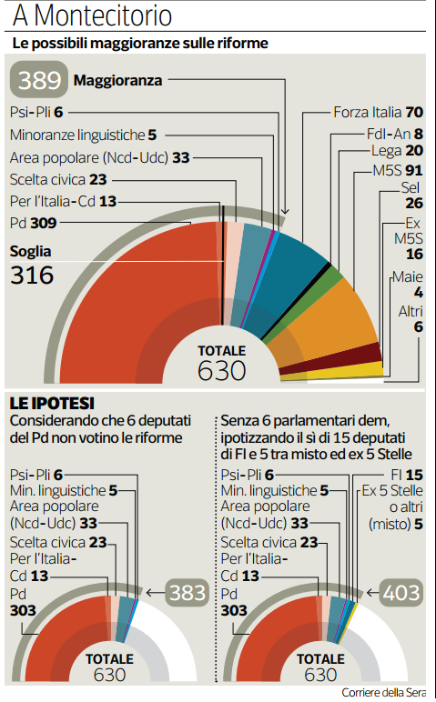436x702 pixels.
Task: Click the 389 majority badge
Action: click(x=39, y=80)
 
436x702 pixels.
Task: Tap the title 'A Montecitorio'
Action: click(x=92, y=15)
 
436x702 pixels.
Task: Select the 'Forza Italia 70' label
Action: click(x=378, y=112)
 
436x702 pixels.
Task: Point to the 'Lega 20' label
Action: click(x=397, y=151)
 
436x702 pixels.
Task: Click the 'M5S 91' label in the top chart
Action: click(x=398, y=170)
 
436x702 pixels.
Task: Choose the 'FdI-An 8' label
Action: click(x=395, y=134)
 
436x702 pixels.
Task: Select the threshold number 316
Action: click(x=32, y=275)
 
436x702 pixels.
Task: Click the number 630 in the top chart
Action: click(x=222, y=371)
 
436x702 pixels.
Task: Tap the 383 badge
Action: click(x=188, y=593)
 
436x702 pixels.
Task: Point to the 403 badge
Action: click(x=401, y=593)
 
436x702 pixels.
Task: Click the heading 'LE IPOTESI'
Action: click(x=52, y=404)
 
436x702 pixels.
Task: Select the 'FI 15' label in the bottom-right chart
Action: click(x=407, y=475)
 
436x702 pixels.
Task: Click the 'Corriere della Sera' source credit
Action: click(x=383, y=692)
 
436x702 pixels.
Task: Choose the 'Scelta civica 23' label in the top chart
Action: click(x=58, y=179)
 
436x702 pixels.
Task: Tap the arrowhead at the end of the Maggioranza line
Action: click(x=285, y=211)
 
